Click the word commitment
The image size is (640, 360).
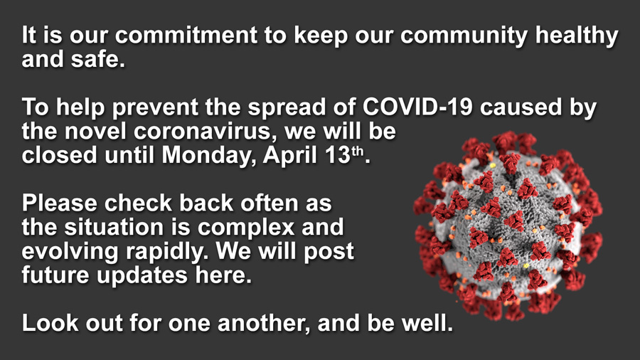coord(203,36)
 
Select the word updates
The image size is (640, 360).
coord(144,275)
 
